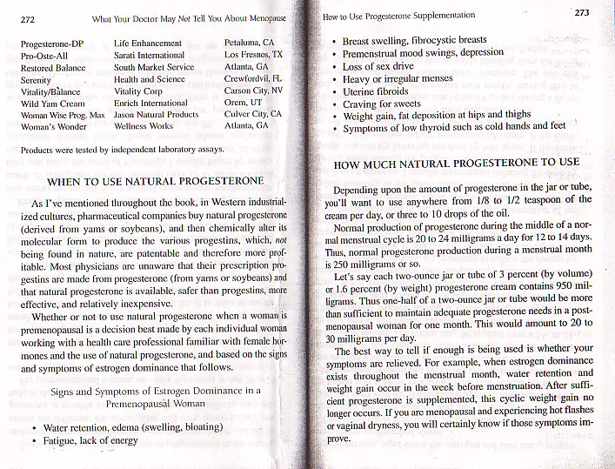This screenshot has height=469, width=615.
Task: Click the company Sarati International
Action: click(149, 54)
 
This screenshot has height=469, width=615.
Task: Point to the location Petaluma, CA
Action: click(250, 42)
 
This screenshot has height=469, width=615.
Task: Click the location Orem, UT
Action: click(244, 102)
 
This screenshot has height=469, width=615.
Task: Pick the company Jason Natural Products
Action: click(157, 114)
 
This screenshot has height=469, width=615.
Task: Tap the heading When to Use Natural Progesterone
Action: click(155, 182)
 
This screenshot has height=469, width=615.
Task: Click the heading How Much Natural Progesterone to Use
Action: click(457, 163)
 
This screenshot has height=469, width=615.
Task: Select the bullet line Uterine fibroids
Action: click(376, 91)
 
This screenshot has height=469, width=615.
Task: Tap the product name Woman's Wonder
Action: click(53, 127)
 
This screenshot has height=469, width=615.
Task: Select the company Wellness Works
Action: click(144, 126)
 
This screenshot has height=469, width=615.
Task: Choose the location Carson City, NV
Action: click(253, 90)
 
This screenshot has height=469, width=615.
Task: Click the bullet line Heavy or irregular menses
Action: click(398, 78)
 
